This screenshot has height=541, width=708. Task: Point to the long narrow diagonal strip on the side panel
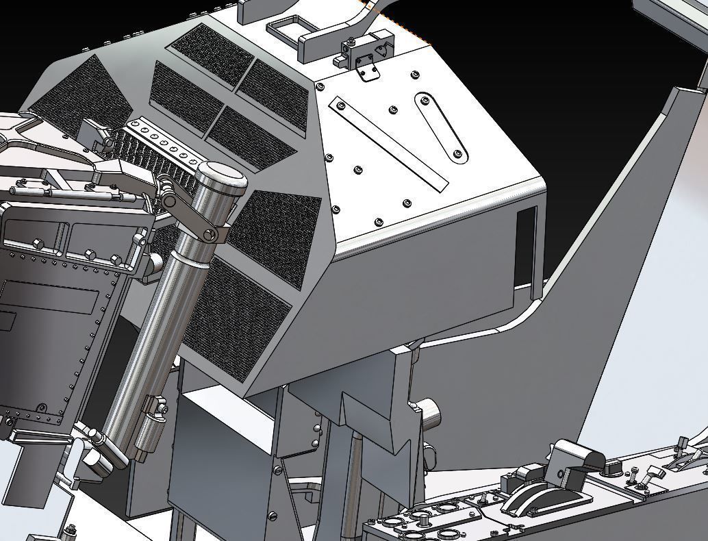pyautogui.click(x=388, y=144)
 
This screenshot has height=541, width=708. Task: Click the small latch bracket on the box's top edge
pyautogui.click(x=367, y=55)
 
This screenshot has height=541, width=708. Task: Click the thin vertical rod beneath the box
pyautogui.click(x=355, y=479)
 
